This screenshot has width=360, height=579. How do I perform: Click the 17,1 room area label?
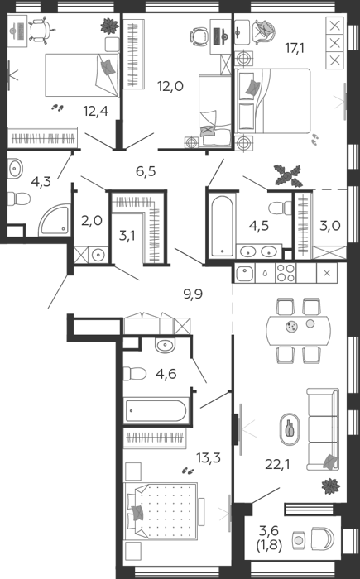tap(295, 48)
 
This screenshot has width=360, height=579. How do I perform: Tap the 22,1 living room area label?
tap(277, 464)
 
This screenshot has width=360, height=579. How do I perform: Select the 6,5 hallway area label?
tap(146, 171)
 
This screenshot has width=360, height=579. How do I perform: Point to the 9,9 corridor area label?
tap(193, 294)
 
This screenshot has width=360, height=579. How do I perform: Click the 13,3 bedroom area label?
tap(209, 457)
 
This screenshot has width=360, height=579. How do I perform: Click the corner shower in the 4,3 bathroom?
tap(55, 220)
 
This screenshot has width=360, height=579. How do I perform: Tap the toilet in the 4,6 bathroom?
tap(134, 373)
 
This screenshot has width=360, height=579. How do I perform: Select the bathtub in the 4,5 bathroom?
tap(222, 226)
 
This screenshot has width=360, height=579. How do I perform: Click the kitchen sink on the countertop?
tap(244, 273)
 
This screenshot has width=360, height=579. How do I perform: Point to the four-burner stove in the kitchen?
tap(286, 273)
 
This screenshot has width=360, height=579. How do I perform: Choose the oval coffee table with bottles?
tap(290, 429)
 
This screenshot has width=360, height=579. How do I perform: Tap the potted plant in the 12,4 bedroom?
tap(110, 26)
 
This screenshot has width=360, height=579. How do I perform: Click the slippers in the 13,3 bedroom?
tap(188, 471)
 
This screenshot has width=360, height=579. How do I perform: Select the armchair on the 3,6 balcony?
tap(322, 539)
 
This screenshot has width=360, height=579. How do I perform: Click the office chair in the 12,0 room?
tap(199, 36)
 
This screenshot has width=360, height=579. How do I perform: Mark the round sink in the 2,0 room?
tap(98, 255)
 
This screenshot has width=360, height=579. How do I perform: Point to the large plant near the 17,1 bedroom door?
tap(287, 175)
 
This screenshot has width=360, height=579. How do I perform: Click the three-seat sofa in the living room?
tap(323, 429)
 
